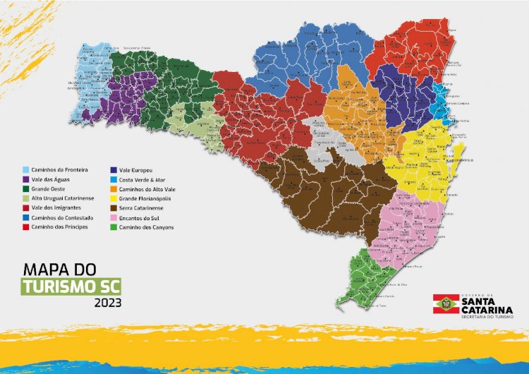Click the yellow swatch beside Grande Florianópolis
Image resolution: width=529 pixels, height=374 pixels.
coord(114,199)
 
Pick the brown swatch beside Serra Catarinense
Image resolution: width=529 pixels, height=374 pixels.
coord(114,208)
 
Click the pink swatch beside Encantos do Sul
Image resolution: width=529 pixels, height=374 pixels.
coord(114,217)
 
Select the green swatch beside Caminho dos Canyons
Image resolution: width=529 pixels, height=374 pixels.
coord(114,227)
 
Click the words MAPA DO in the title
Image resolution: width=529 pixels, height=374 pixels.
coord(59,270)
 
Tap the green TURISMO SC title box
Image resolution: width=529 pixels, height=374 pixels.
coord(71,286)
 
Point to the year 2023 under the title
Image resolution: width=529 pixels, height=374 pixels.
coord(107,303)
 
